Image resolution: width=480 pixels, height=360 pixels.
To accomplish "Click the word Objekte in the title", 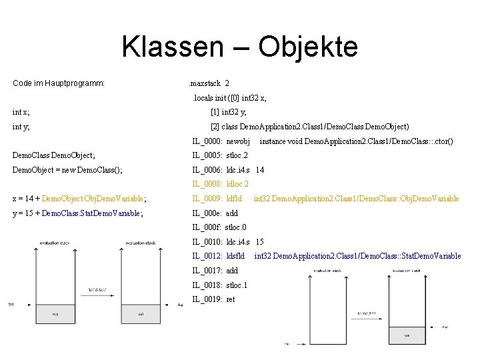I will pyautogui.click(x=307, y=47).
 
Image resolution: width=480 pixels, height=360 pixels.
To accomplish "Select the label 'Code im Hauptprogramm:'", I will pyautogui.click(x=59, y=83).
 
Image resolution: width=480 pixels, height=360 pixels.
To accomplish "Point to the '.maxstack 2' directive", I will pyautogui.click(x=209, y=83).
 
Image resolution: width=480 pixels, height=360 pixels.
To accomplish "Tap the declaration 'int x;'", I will pyautogui.click(x=21, y=112).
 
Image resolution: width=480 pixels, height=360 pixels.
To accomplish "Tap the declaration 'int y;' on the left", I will pyautogui.click(x=21, y=126).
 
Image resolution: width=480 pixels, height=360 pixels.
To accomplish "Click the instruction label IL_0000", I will pyautogui.click(x=207, y=141).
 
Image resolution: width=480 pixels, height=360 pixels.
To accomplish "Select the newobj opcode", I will pyautogui.click(x=238, y=141).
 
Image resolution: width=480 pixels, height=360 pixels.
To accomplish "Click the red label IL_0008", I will pyautogui.click(x=207, y=184).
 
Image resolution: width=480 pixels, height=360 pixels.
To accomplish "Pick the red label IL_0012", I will pyautogui.click(x=207, y=256).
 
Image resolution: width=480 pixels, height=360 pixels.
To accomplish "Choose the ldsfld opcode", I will pyautogui.click(x=237, y=256).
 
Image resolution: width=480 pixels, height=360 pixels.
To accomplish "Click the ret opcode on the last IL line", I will pyautogui.click(x=231, y=299).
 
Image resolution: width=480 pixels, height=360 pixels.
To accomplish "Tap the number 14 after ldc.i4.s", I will pyautogui.click(x=259, y=170).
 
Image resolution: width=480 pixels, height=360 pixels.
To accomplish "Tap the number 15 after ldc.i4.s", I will pyautogui.click(x=259, y=241).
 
